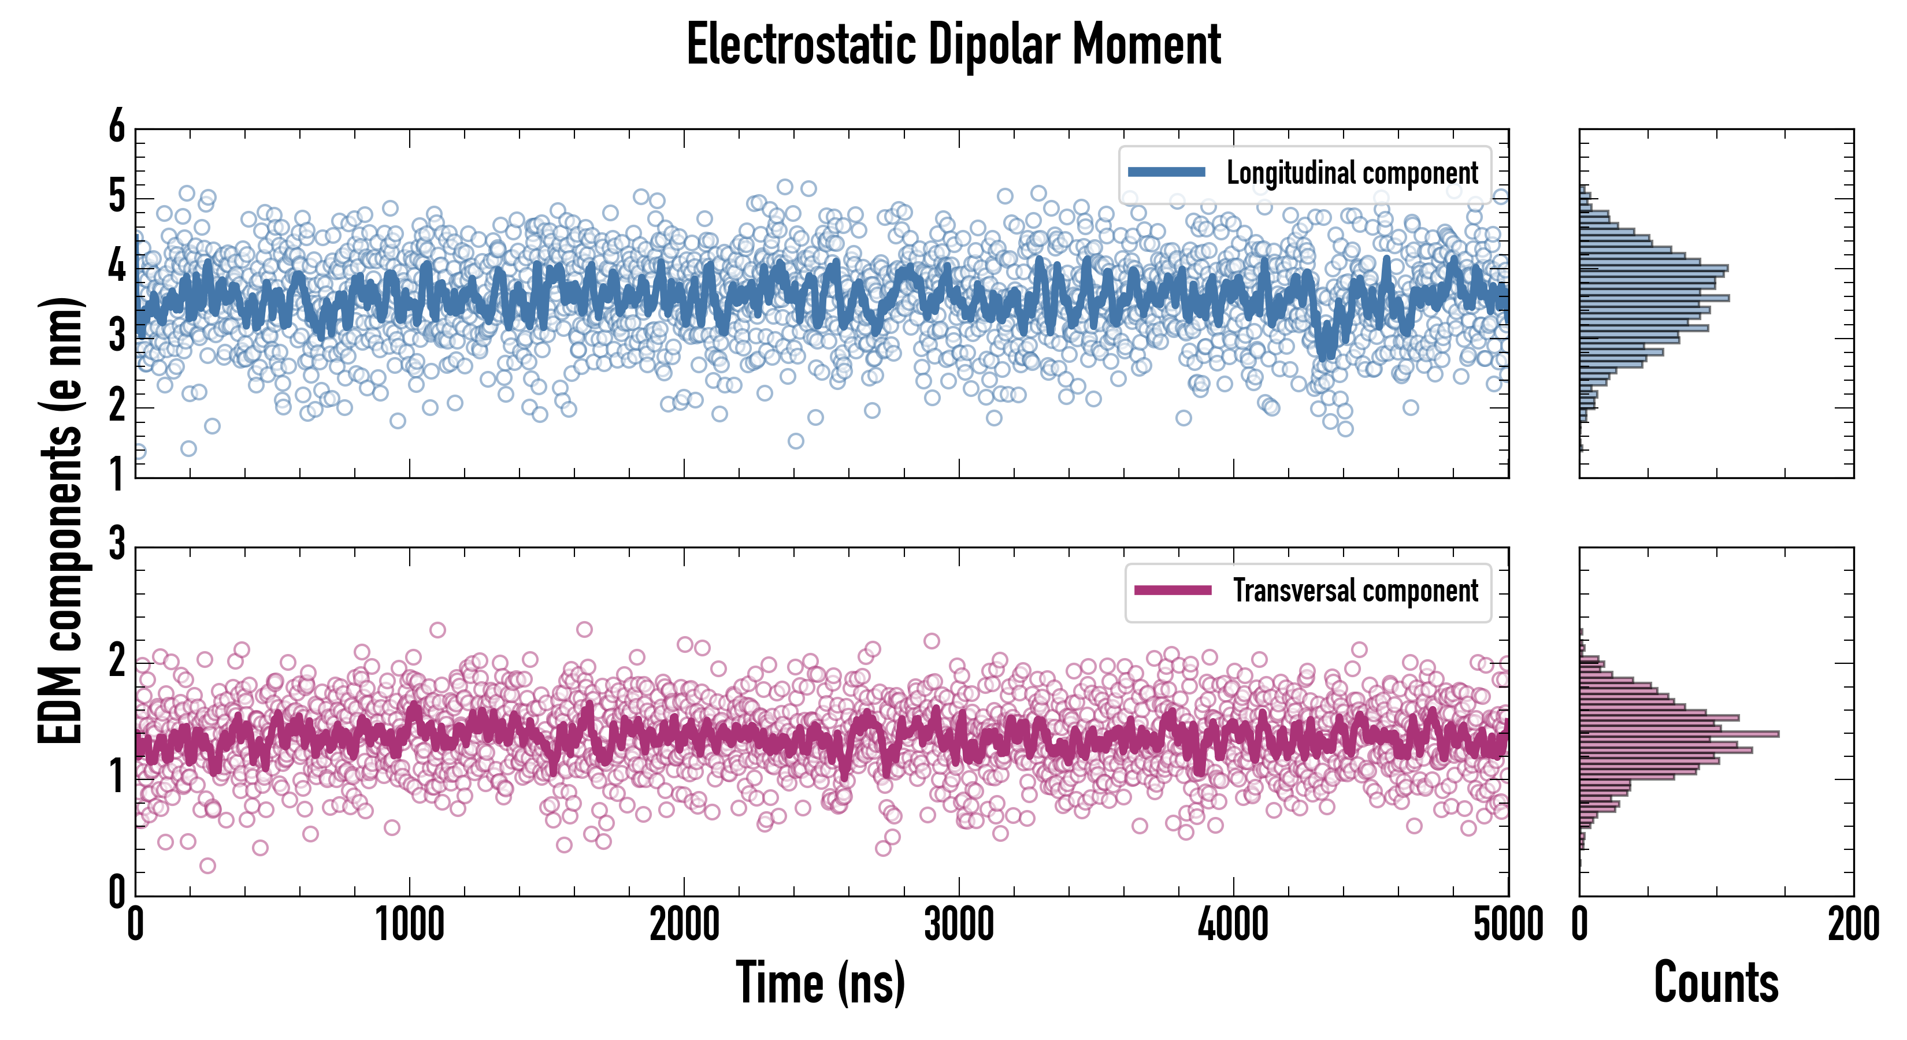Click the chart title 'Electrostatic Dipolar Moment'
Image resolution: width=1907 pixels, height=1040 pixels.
[x=953, y=44]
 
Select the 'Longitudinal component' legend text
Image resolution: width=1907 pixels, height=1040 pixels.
[x=1352, y=173]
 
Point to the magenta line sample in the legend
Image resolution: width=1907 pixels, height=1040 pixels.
[x=1173, y=590]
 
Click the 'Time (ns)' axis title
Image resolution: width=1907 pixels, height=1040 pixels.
[x=820, y=982]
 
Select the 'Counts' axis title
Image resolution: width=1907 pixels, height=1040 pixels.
[x=1715, y=982]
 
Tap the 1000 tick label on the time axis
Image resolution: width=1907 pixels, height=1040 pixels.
[x=409, y=925]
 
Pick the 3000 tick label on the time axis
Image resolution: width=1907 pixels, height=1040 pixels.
[x=959, y=925]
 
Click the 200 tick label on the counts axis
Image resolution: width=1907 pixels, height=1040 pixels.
[x=1853, y=925]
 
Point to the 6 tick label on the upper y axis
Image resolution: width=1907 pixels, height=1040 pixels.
[x=117, y=127]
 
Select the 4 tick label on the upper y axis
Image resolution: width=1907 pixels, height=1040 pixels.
[x=117, y=267]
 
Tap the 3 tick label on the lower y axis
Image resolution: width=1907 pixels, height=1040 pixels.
[x=117, y=545]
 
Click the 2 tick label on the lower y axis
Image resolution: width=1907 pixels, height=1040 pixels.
[x=117, y=661]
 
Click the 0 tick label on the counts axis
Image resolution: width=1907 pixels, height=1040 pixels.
[x=1580, y=925]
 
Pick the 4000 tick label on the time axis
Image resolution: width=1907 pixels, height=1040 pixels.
[x=1233, y=925]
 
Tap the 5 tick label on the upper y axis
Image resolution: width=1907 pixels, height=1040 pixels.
[x=117, y=198]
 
